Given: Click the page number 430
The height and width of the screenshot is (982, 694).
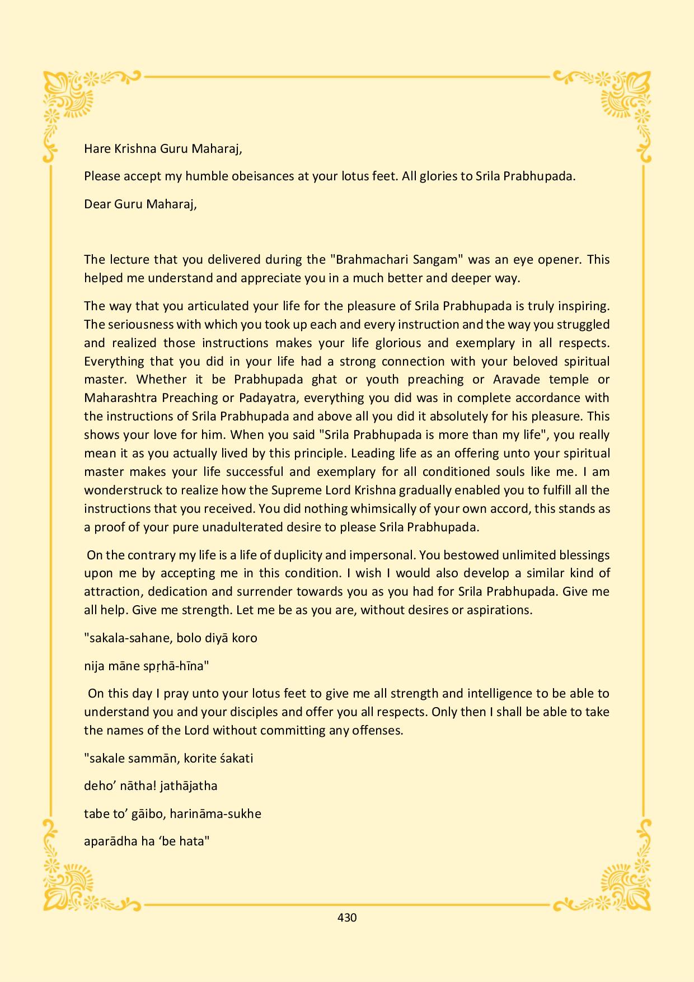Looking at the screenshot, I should tap(347, 918).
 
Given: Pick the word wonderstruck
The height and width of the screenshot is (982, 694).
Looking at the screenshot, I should tap(123, 490).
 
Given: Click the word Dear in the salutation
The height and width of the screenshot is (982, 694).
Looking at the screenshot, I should tap(97, 204).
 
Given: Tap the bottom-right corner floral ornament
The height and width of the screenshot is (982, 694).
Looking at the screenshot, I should tap(624, 882).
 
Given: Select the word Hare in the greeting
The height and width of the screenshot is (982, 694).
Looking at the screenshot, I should tap(96, 149).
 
